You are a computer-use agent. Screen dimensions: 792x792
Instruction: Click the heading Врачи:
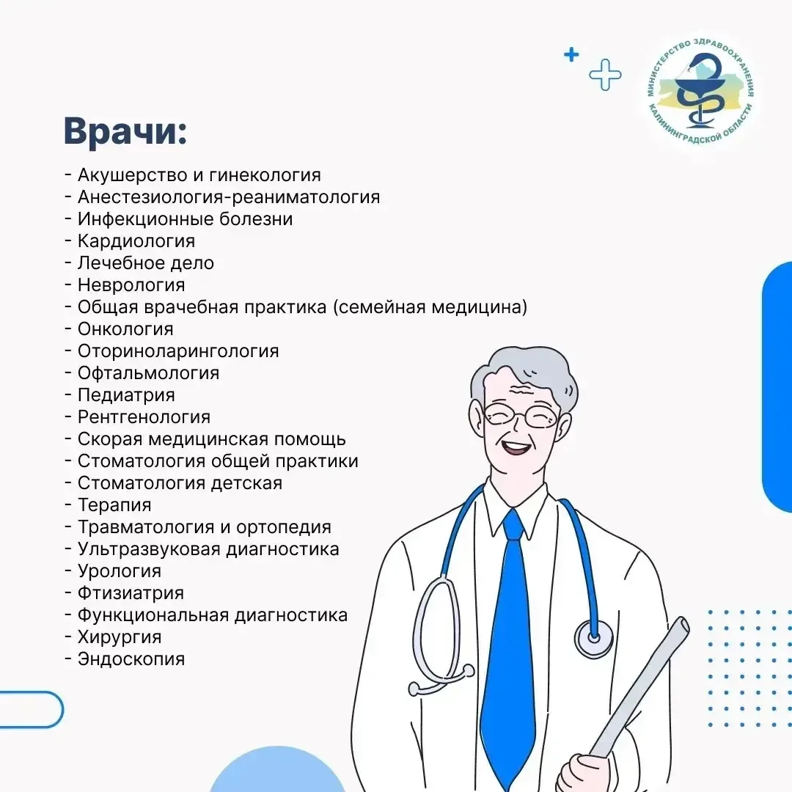click(x=125, y=131)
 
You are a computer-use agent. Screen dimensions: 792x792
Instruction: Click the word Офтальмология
click(x=148, y=373)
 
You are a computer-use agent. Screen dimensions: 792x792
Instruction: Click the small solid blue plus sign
click(x=571, y=54)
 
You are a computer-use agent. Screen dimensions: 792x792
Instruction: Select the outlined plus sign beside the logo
click(x=605, y=75)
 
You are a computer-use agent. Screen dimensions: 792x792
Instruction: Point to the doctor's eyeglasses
click(x=521, y=416)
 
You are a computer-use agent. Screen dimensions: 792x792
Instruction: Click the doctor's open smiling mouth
click(x=516, y=447)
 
